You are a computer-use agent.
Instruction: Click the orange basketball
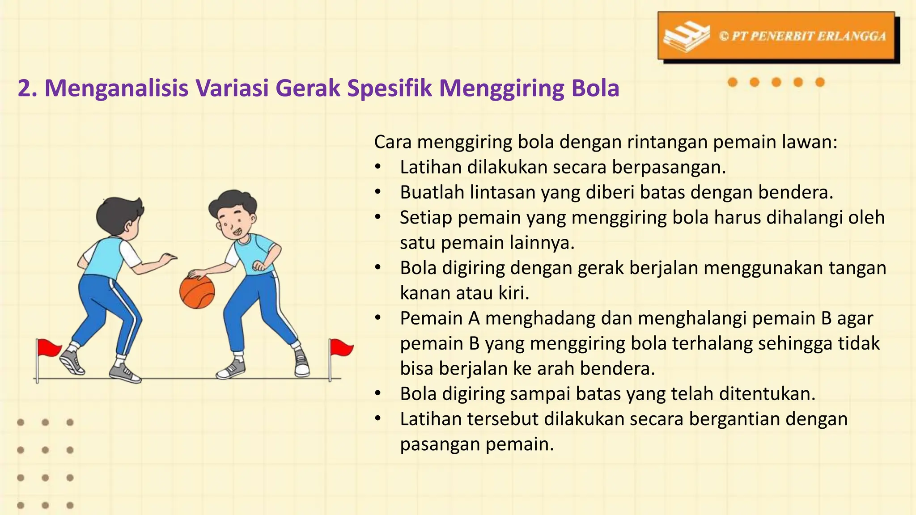pos(197,292)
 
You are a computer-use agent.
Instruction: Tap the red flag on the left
pos(48,348)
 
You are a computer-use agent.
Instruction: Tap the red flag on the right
pos(341,347)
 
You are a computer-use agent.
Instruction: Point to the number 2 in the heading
pos(25,88)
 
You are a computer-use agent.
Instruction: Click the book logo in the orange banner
pos(686,37)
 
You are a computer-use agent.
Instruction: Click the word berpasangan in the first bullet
pos(669,167)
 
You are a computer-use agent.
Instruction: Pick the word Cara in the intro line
pos(393,142)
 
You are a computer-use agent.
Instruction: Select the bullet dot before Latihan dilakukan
pos(378,167)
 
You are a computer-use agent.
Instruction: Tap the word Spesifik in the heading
pos(389,88)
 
